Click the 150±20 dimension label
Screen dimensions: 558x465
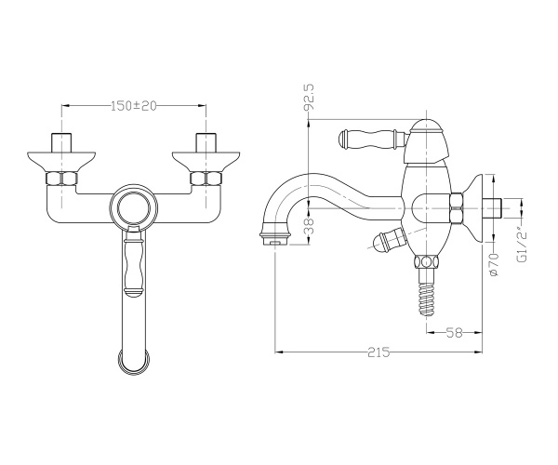pyautogui.click(x=134, y=106)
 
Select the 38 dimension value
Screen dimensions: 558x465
pyautogui.click(x=310, y=226)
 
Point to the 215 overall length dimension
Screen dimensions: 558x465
pyautogui.click(x=379, y=352)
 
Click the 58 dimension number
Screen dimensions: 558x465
pyautogui.click(x=454, y=333)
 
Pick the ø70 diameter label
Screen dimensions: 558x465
pyautogui.click(x=494, y=264)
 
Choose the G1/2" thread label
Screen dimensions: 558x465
pyautogui.click(x=522, y=246)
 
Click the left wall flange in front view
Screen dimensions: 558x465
pyautogui.click(x=61, y=161)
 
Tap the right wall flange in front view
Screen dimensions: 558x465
pyautogui.click(x=206, y=161)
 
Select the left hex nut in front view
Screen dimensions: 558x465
pyautogui.click(x=61, y=179)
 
